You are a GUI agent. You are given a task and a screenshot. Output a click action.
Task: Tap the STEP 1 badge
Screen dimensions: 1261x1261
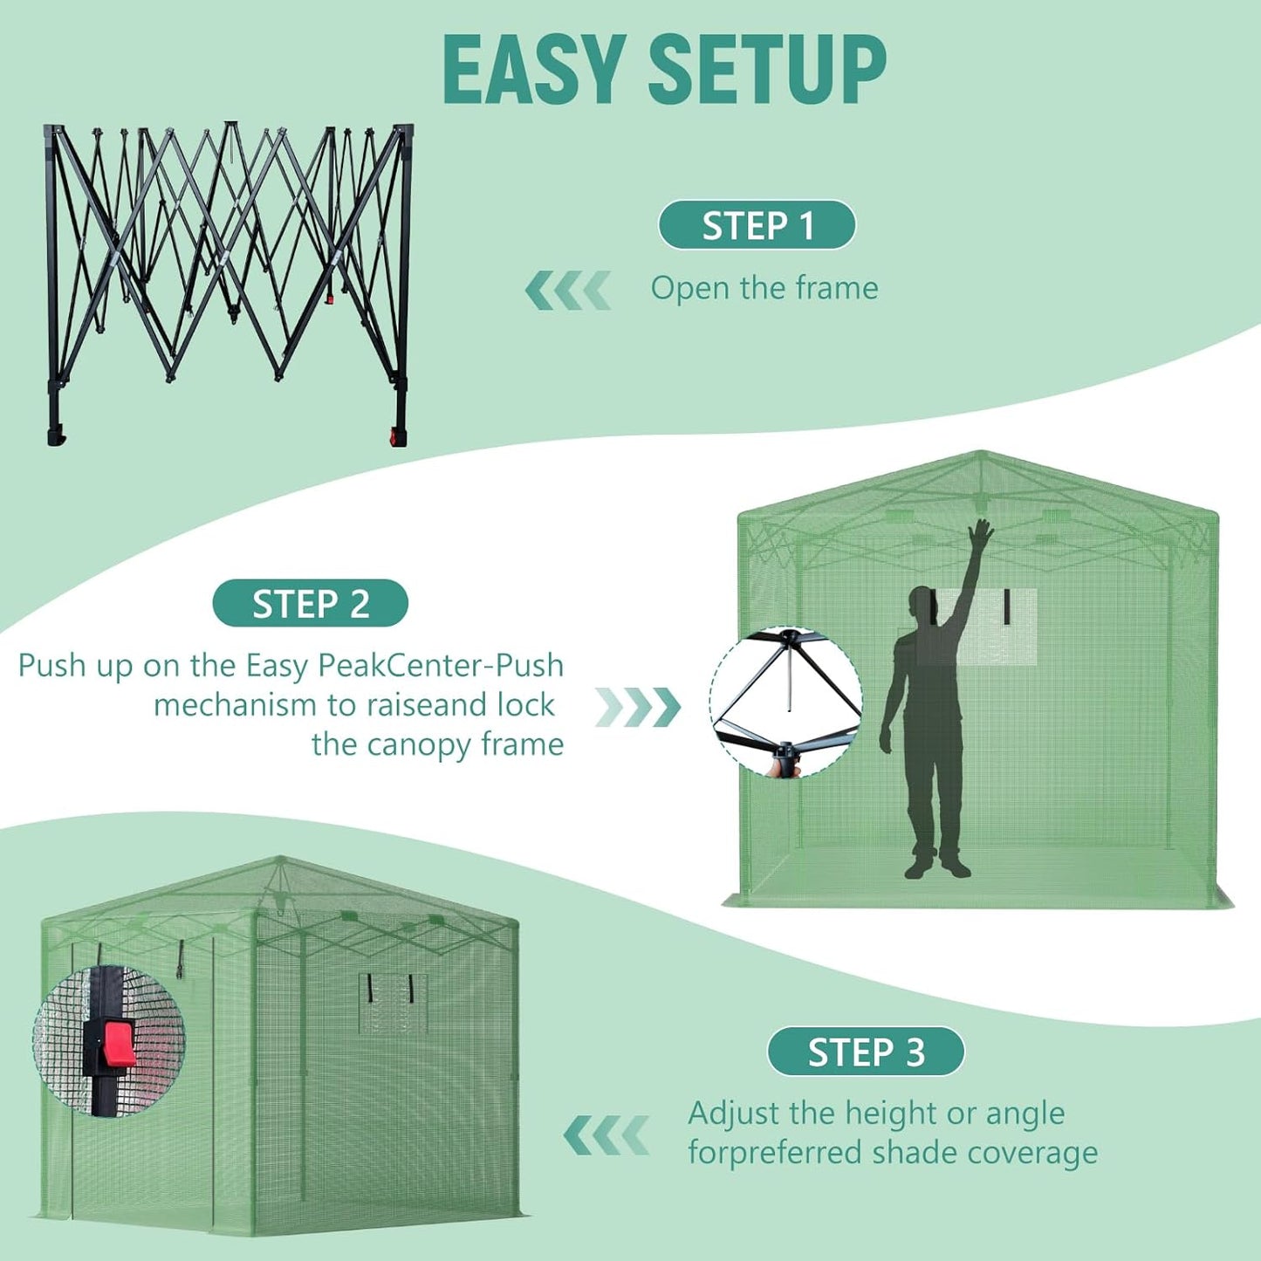pos(757,225)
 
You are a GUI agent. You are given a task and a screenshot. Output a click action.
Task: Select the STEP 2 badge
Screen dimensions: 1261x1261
pos(310,603)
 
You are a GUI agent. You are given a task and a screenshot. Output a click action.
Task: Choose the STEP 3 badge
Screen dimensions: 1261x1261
pos(866,1052)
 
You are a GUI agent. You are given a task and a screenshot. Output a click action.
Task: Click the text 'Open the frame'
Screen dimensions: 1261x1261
pos(764,288)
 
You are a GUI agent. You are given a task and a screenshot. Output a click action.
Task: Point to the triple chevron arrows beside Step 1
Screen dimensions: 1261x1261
pos(567,291)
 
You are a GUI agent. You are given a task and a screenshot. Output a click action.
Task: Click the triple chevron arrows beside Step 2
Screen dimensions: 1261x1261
pos(638,707)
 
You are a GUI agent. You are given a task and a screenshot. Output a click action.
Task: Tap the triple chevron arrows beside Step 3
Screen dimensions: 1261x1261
pos(606,1134)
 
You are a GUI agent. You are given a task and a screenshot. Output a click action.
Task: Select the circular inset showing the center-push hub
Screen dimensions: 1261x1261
pos(786,702)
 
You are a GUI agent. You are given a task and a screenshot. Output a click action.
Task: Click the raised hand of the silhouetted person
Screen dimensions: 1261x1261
pos(981,533)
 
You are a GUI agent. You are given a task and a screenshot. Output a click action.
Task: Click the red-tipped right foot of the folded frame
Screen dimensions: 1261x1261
pos(399,436)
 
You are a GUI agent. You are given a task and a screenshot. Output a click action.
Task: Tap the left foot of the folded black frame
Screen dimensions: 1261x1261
pos(56,435)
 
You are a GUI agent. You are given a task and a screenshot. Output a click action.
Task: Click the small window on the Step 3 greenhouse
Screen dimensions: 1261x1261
pos(393,1002)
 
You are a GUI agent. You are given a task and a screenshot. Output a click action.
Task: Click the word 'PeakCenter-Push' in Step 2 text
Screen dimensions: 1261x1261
pos(441,666)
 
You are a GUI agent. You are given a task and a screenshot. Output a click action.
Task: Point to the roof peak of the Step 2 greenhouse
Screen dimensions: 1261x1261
pos(981,454)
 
